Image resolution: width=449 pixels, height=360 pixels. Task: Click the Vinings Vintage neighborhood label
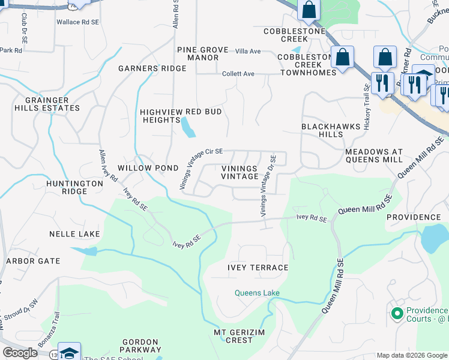(x=239, y=173)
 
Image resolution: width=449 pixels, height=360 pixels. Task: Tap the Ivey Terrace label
(x=258, y=268)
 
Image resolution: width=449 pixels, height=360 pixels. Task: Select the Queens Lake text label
(x=257, y=293)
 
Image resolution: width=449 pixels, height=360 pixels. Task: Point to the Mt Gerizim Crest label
(x=234, y=336)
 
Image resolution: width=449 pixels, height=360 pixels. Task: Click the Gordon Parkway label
(x=141, y=346)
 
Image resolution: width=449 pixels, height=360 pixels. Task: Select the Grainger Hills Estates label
(x=43, y=104)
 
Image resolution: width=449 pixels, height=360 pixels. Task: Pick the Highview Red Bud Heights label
(x=181, y=116)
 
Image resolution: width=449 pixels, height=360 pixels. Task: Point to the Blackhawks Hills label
(x=331, y=130)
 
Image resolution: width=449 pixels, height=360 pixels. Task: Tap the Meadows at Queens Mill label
(x=374, y=156)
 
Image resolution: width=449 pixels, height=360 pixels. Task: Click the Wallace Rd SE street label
(x=77, y=22)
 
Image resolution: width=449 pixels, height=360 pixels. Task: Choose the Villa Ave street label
(x=248, y=52)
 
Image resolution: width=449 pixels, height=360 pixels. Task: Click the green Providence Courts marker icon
(x=396, y=313)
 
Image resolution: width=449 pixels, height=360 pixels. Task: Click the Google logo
(x=20, y=353)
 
